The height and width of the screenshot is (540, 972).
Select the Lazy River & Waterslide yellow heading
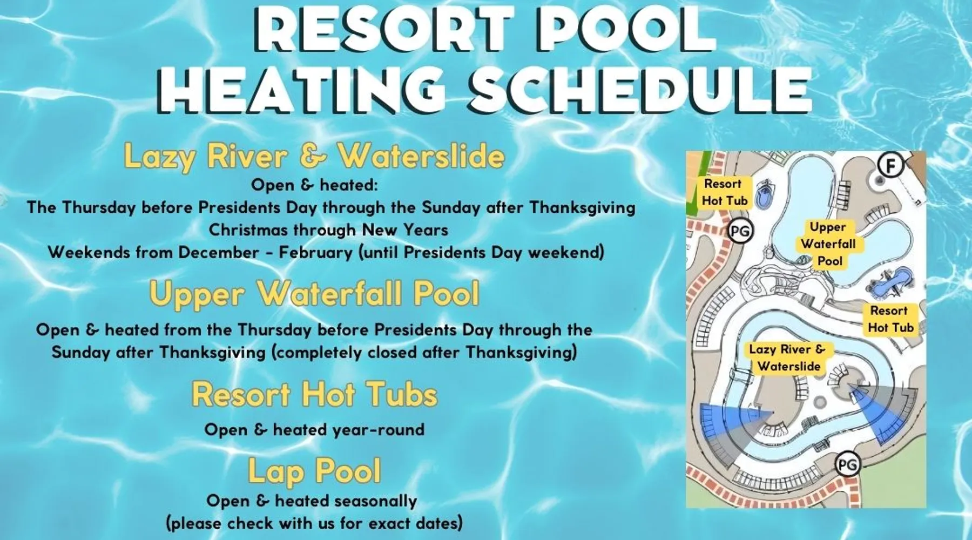click(x=314, y=156)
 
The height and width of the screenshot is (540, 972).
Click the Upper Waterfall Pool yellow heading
click(x=314, y=294)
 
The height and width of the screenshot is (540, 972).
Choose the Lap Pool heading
click(x=314, y=470)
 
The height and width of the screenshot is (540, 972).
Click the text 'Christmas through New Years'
click(x=328, y=230)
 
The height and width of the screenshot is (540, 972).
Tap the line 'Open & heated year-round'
click(x=314, y=430)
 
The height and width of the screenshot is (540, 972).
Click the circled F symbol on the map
click(x=890, y=165)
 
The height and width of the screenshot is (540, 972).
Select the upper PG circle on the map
click(x=740, y=231)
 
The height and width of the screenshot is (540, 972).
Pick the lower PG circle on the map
click(x=847, y=464)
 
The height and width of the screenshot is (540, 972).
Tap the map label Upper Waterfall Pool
click(x=829, y=244)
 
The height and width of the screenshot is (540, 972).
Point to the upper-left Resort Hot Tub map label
click(x=724, y=192)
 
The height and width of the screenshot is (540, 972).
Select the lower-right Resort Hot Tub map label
click(x=890, y=319)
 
